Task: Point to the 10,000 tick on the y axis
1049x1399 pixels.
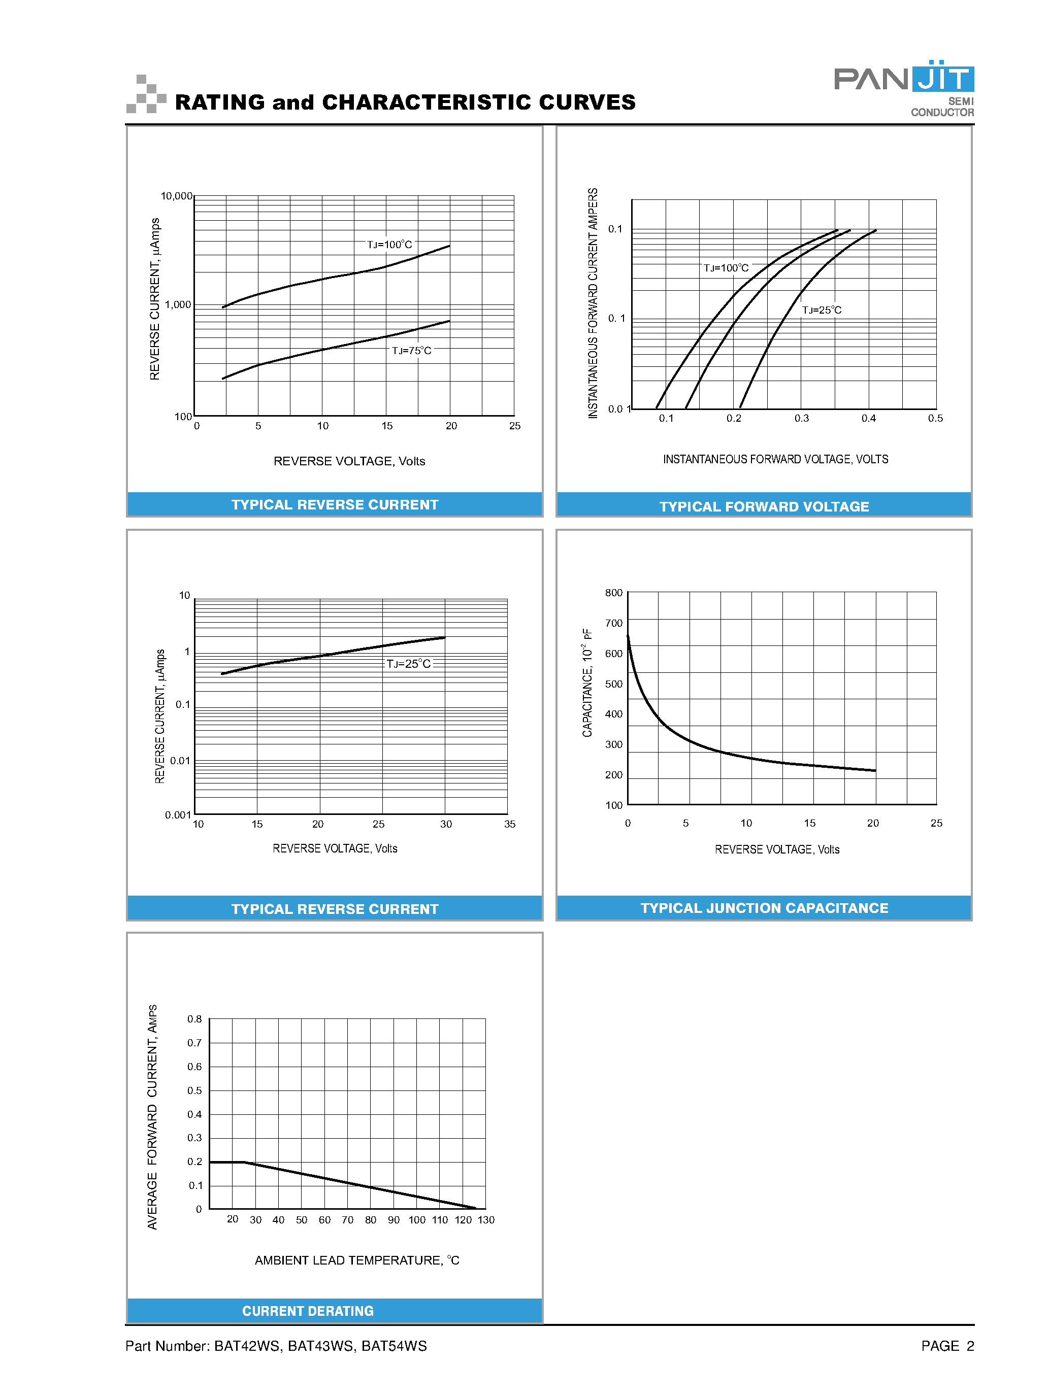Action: [176, 196]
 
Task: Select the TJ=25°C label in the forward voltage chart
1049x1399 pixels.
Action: [821, 310]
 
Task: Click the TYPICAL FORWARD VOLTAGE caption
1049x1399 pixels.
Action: [764, 506]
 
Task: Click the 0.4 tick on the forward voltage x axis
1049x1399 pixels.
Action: [868, 418]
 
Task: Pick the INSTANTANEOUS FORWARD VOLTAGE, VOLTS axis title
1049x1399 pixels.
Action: [775, 459]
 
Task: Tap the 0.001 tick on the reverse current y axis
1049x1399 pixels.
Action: [178, 814]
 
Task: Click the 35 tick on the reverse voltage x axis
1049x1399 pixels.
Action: [509, 824]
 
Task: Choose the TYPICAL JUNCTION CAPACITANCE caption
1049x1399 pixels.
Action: [764, 908]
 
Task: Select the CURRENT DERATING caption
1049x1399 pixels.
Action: [308, 1311]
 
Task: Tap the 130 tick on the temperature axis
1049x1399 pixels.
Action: [486, 1220]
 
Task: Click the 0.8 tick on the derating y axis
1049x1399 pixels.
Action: [194, 1019]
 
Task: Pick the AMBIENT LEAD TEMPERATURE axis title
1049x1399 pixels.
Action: [357, 1260]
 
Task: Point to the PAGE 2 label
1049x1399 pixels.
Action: [947, 1346]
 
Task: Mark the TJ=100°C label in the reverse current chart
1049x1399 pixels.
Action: [389, 245]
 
